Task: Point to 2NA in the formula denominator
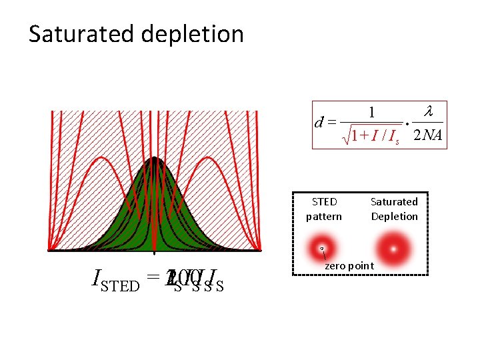(x=427, y=135)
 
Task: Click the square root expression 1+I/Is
(x=373, y=136)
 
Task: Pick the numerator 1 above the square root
(x=372, y=112)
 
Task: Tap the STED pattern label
(x=324, y=209)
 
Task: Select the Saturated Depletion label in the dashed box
(x=394, y=209)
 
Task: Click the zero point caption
(x=349, y=266)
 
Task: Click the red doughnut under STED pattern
(x=322, y=247)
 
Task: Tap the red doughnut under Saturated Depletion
(x=394, y=248)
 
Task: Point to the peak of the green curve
(x=154, y=158)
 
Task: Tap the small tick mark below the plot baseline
(x=154, y=254)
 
